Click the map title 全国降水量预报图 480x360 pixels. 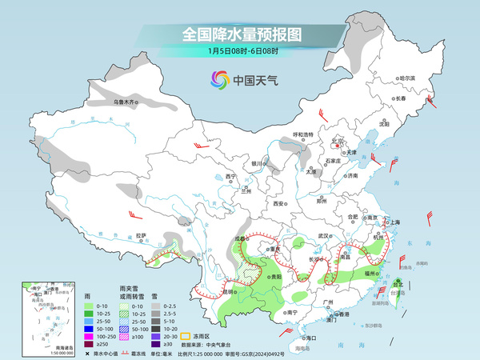tap(241, 34)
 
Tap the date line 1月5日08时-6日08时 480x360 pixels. tap(241, 52)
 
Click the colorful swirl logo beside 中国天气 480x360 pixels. tap(220, 79)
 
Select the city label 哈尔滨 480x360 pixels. tap(408, 78)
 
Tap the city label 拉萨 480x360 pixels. tap(141, 235)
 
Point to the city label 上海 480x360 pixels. tap(392, 222)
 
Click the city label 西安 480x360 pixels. tap(279, 204)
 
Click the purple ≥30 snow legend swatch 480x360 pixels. tap(156, 345)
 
